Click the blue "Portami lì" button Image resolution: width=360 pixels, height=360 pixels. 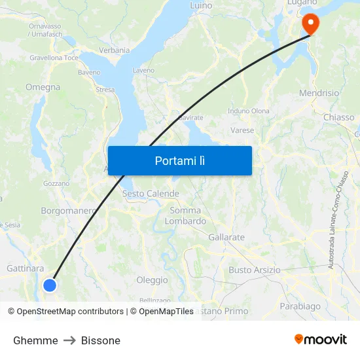[x=179, y=160]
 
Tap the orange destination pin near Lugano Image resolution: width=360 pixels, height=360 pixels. [x=308, y=24]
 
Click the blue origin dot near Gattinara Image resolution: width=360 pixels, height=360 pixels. [x=50, y=285]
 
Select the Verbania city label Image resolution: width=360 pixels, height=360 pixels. [x=114, y=50]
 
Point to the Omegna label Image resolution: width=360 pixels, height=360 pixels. [x=43, y=87]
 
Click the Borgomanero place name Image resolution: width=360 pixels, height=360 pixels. [x=69, y=211]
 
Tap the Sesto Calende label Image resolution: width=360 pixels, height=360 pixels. [x=151, y=194]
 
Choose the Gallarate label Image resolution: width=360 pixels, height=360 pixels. [x=226, y=237]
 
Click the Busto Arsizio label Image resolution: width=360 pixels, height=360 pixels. [x=255, y=270]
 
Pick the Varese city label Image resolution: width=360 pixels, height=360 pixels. [x=242, y=130]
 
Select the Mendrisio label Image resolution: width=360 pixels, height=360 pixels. [x=319, y=93]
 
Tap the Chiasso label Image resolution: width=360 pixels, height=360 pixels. [x=338, y=117]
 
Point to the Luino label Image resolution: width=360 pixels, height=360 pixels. [x=201, y=5]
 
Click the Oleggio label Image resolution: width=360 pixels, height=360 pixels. [x=152, y=280]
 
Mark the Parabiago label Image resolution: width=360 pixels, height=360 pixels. [x=300, y=306]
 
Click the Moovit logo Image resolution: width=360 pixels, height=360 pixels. [x=321, y=340]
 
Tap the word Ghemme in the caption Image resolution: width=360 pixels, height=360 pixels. [x=35, y=340]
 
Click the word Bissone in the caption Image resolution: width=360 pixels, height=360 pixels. [x=101, y=340]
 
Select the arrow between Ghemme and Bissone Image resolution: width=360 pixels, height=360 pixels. [x=69, y=340]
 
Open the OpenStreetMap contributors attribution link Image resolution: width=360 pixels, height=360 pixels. [x=70, y=312]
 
